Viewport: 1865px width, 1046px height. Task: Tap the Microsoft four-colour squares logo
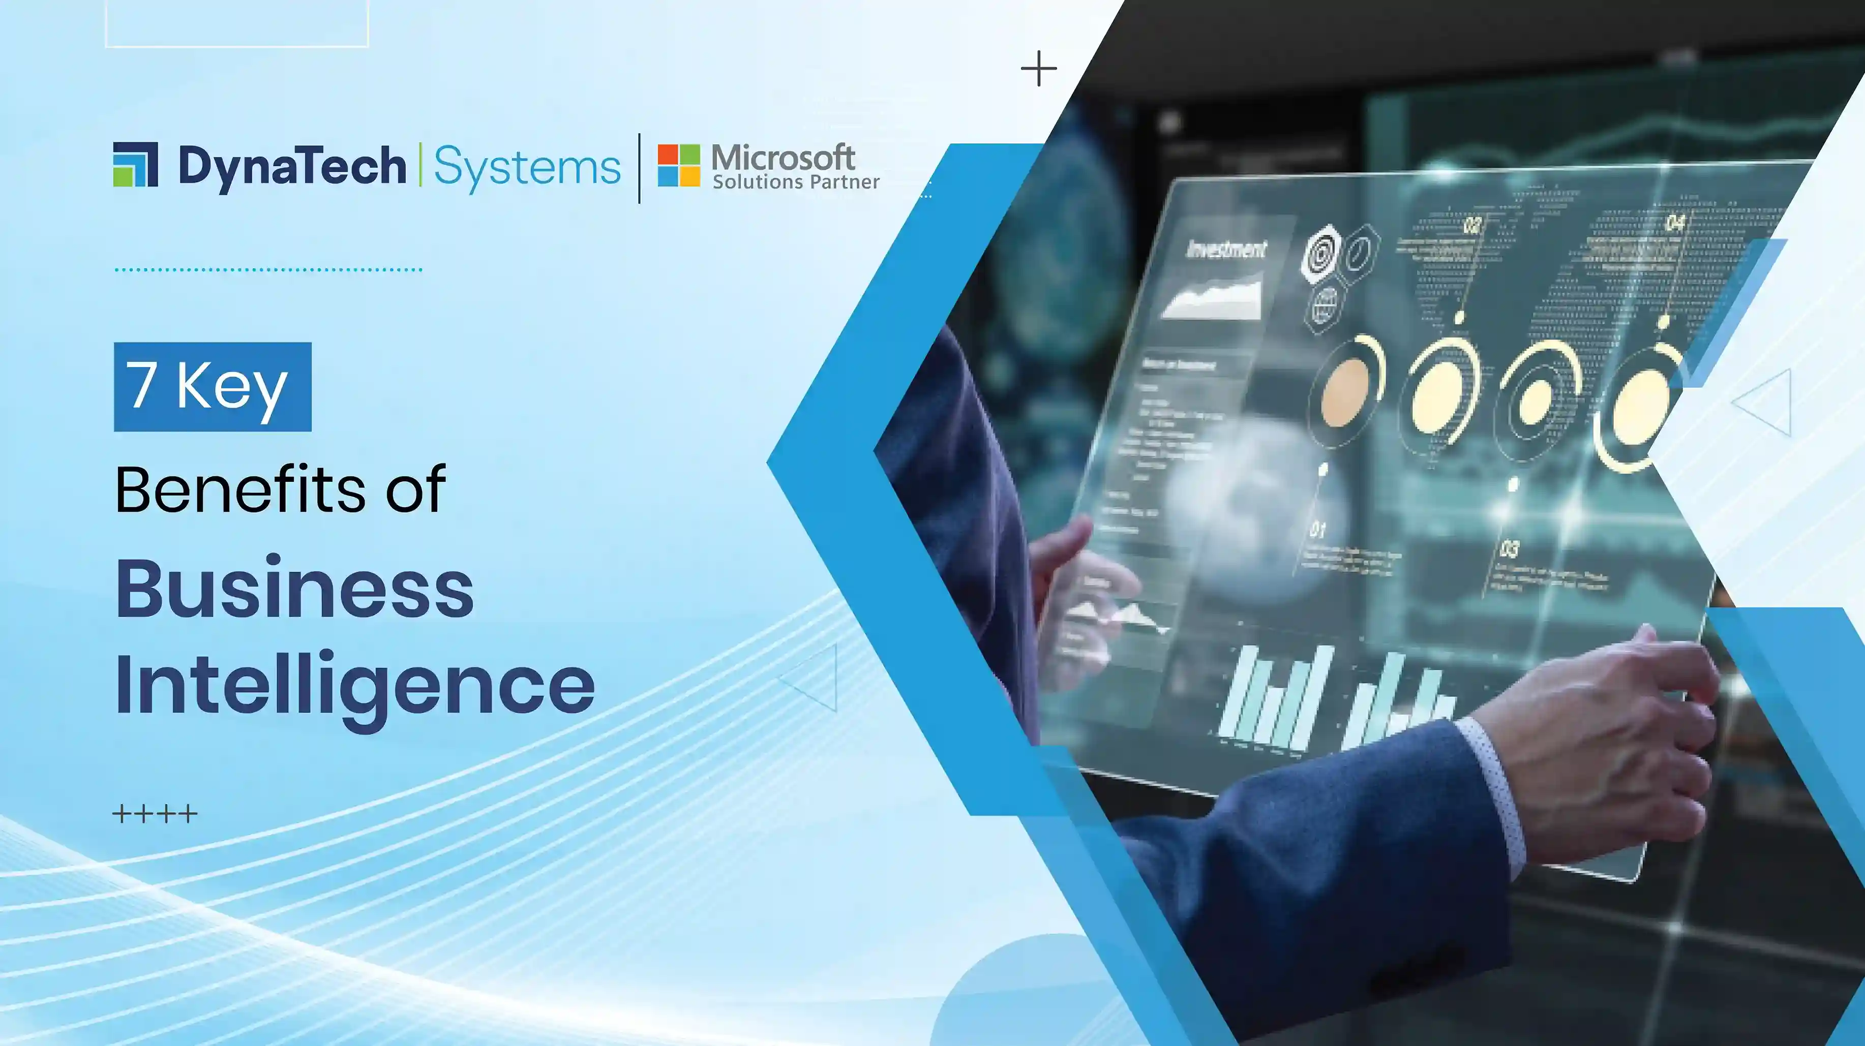tap(678, 165)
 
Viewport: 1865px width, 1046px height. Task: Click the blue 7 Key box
tap(212, 387)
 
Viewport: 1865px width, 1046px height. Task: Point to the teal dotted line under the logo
tap(268, 269)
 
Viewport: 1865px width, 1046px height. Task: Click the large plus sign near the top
tap(1038, 69)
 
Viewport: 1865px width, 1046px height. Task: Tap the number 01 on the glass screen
tap(1318, 531)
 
